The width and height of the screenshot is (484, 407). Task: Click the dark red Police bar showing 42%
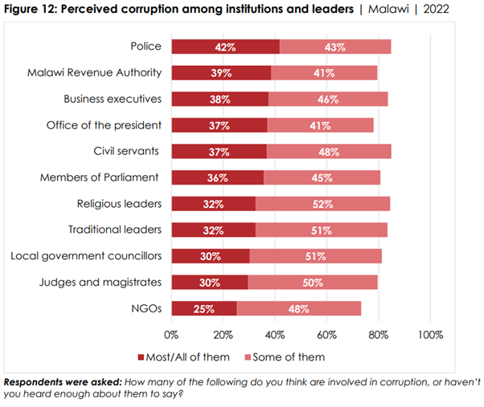[x=225, y=47]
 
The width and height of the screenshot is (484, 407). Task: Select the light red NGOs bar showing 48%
[x=299, y=308]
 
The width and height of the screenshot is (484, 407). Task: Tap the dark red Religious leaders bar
[x=213, y=204]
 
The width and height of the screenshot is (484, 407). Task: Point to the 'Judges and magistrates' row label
[x=104, y=282]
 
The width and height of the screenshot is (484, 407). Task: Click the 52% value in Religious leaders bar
[x=322, y=204]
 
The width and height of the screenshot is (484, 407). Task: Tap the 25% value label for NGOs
[x=204, y=308]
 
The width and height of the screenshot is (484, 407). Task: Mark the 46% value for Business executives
[x=328, y=100]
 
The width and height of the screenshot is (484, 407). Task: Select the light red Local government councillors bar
[x=315, y=256]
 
